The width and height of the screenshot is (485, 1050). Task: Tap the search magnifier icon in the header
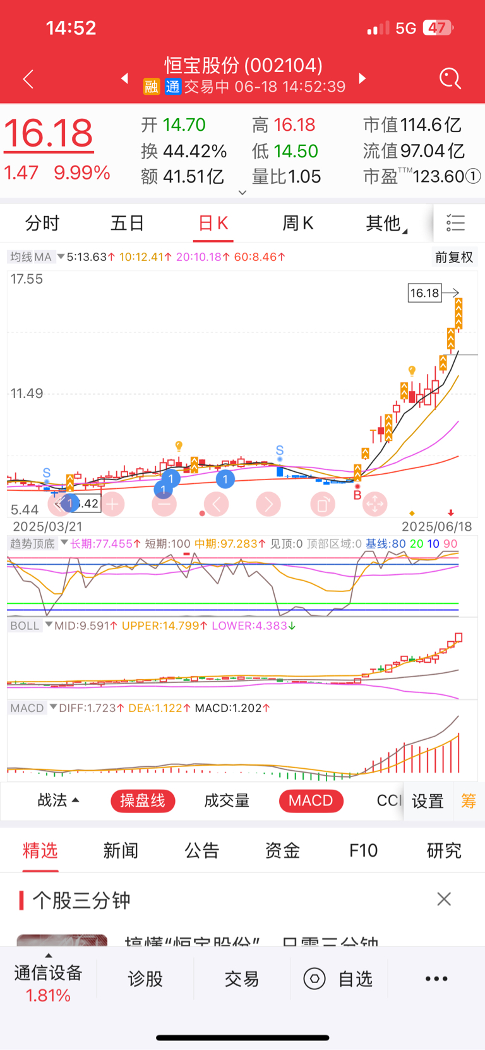click(x=450, y=79)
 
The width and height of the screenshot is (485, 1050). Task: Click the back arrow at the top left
click(x=28, y=80)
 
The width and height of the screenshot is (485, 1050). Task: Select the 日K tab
click(x=213, y=223)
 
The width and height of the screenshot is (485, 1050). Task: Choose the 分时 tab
click(x=42, y=223)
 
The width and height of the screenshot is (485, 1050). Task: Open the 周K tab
click(x=297, y=223)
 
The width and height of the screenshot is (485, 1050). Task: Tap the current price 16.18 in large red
click(x=49, y=133)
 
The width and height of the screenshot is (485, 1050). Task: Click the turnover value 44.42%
click(x=195, y=151)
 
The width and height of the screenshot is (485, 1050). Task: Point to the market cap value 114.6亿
click(x=430, y=125)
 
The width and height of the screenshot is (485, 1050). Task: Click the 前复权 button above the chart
click(x=453, y=257)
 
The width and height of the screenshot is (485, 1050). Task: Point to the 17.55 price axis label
click(x=27, y=279)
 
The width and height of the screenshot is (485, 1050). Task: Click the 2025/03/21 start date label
click(x=47, y=526)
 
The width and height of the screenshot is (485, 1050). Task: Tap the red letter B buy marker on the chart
click(x=357, y=495)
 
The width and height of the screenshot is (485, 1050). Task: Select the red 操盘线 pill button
click(x=143, y=801)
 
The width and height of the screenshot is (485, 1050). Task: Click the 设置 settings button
click(x=428, y=801)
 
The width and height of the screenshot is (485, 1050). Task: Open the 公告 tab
click(x=201, y=850)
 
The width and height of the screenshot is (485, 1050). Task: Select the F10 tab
click(x=363, y=850)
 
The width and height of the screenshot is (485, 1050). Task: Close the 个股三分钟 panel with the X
click(x=444, y=899)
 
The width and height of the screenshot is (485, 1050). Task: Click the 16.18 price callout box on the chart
click(x=424, y=293)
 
